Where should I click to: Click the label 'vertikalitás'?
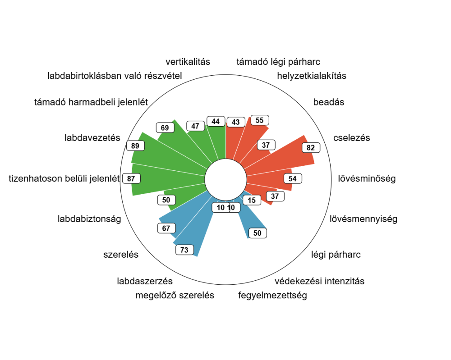click(188, 62)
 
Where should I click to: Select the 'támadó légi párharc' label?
click(278, 62)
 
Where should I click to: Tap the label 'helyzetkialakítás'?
click(312, 76)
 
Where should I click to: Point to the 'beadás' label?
click(328, 102)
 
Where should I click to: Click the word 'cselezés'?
click(351, 138)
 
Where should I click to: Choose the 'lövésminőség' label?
click(367, 179)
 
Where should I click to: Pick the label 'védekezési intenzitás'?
click(319, 282)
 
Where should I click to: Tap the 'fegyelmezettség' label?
click(272, 296)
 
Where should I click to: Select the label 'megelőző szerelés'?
click(175, 296)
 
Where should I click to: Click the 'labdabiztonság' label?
click(89, 219)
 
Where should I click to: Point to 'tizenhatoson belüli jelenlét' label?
click(64, 179)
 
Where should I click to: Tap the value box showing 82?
click(311, 147)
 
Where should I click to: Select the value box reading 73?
click(184, 250)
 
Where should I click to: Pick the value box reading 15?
click(252, 200)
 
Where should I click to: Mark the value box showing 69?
click(165, 128)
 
